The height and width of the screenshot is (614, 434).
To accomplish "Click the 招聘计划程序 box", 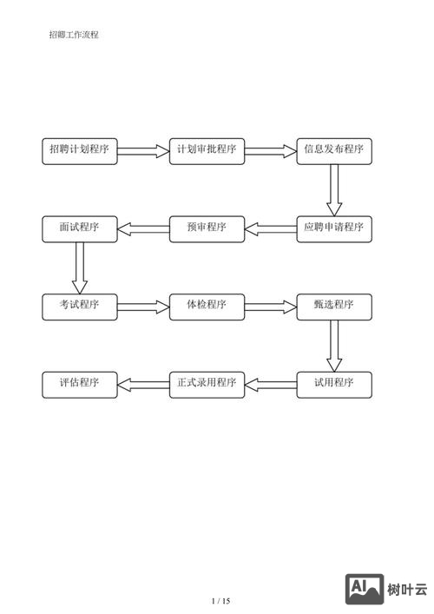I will (80, 150).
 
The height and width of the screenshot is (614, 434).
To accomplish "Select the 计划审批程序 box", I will (207, 150).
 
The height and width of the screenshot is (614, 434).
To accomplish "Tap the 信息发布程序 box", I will (334, 150).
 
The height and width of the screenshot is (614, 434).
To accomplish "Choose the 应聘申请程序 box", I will (334, 228).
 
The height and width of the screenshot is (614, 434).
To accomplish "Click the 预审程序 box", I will (207, 228).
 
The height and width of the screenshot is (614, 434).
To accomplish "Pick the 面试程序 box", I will (80, 228).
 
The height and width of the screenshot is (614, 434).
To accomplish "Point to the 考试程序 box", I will (80, 306).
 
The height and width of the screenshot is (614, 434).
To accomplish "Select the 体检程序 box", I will (207, 306).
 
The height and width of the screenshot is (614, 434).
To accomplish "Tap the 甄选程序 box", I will (334, 306).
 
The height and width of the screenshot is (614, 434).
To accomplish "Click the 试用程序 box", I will (334, 384).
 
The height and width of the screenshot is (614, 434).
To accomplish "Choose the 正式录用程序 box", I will (207, 384).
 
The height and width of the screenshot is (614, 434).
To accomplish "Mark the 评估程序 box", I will (80, 384).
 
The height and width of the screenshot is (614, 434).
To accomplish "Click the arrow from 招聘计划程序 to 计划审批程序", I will (143, 151).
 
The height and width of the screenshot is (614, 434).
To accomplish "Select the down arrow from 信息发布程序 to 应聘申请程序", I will (334, 189).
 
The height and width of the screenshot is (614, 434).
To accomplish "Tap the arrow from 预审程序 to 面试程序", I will (143, 228).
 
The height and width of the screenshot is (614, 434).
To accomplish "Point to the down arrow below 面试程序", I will (80, 267).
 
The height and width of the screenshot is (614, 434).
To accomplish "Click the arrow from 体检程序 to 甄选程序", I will (271, 306).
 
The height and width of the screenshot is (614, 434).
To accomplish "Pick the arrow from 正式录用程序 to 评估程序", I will (143, 384).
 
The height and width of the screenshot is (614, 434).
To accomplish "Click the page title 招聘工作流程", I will (74, 35).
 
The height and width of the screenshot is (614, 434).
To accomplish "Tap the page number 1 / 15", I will (221, 601).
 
